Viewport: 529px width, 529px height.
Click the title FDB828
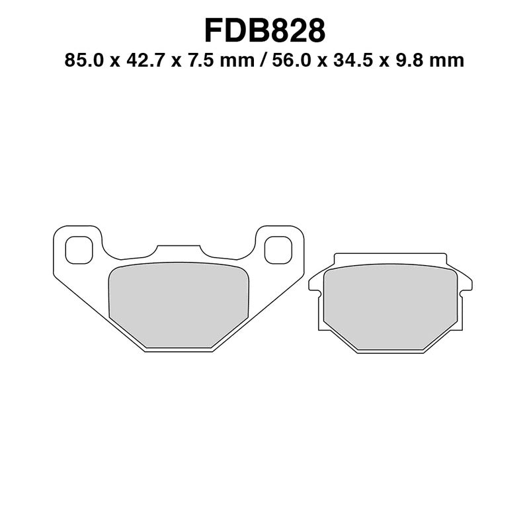coord(264,30)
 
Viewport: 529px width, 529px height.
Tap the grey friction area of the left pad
coord(178,304)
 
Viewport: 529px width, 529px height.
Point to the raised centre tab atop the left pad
coord(178,250)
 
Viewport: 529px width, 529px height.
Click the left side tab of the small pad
coord(315,282)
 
